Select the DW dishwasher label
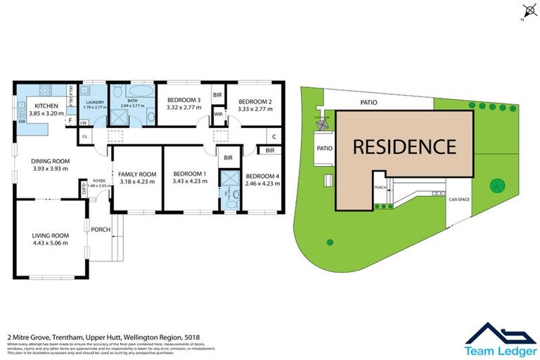pyautogui.click(x=22, y=121)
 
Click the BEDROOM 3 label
pyautogui.click(x=184, y=101)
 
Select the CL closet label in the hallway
pyautogui.click(x=85, y=136)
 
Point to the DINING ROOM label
pyautogui.click(x=48, y=161)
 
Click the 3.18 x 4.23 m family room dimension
pyautogui.click(x=137, y=182)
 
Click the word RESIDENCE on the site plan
pyautogui.click(x=404, y=147)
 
